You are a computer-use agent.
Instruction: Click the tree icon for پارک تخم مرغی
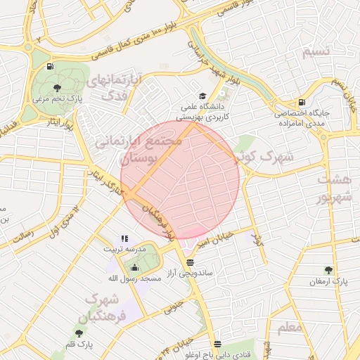click(57, 89)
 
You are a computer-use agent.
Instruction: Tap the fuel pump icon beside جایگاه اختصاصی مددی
click(302, 101)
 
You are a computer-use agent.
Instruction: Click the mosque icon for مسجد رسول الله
click(134, 267)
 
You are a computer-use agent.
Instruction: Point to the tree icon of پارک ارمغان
click(328, 270)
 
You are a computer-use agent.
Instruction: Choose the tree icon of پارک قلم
click(78, 333)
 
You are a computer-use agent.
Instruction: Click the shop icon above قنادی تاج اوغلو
click(217, 345)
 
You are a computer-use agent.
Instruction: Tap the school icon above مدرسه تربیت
click(124, 239)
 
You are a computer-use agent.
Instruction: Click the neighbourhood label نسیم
click(315, 53)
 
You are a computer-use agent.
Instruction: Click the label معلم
click(290, 327)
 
